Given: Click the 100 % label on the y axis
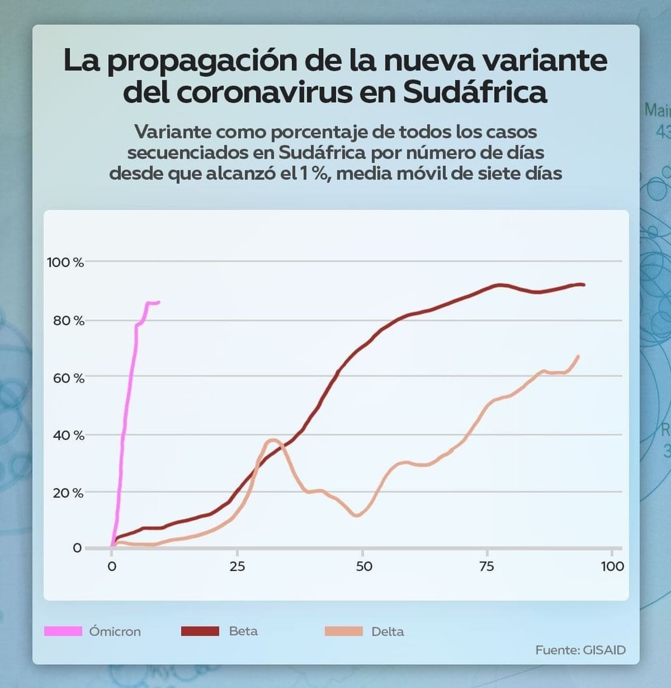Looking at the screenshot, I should [x=65, y=262].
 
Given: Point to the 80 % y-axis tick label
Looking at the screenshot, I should [x=68, y=321].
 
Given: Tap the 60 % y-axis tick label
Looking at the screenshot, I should [x=68, y=378].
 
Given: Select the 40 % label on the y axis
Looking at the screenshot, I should [x=68, y=436].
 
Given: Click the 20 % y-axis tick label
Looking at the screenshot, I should [x=68, y=493].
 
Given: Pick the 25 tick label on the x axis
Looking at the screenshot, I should [x=237, y=566].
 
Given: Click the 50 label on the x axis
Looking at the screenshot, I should [x=363, y=566].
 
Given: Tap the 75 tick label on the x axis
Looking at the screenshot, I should [x=486, y=566].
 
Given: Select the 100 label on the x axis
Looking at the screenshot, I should [x=612, y=566].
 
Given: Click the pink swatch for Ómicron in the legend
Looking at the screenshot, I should [x=63, y=631].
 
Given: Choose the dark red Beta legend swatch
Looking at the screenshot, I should [x=200, y=631].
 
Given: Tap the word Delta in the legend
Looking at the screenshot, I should [x=387, y=631].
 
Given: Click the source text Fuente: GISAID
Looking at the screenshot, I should [x=580, y=650].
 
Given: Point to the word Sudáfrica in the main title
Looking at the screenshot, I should [x=475, y=92].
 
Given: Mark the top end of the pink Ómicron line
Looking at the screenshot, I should [x=159, y=302].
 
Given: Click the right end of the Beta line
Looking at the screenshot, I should [x=583, y=285].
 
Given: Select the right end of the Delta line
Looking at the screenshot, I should [x=578, y=356].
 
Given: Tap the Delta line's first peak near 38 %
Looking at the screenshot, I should [x=273, y=440].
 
